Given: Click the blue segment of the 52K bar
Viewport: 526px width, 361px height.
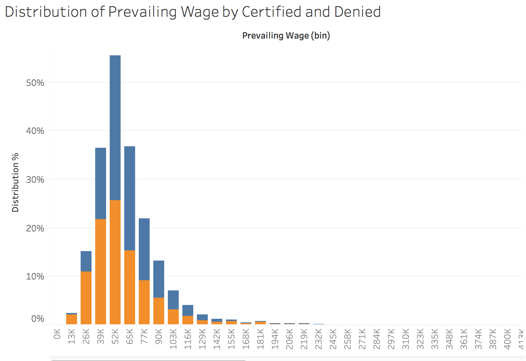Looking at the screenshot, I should point(115,127).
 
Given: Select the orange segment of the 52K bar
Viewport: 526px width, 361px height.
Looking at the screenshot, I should point(115,262).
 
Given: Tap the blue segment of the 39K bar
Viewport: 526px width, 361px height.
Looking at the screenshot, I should point(101,183).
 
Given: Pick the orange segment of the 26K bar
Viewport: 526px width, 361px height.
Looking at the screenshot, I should point(86,298).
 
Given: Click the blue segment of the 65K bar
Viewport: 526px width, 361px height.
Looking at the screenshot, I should point(130,198).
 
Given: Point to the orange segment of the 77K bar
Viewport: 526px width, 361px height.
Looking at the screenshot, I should point(144,302).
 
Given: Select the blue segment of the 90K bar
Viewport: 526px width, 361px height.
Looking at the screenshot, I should point(159,279).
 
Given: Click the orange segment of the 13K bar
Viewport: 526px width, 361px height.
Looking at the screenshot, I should point(72,319).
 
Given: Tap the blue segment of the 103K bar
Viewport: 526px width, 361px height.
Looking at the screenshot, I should point(173,299).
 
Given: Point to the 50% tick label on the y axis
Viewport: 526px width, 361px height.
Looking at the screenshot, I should point(35,83).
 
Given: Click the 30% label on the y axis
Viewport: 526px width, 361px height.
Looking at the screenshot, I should point(35,179).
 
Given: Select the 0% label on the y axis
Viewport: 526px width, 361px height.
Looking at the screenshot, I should point(38,319).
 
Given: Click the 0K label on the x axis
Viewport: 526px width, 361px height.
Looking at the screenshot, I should point(57,334).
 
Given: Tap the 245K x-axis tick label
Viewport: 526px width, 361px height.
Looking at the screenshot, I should point(333,339).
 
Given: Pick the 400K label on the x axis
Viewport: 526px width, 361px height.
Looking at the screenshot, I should point(507,339).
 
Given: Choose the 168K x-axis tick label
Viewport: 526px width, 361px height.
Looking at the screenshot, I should point(246,339).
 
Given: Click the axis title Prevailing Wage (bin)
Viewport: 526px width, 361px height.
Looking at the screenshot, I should point(286,36).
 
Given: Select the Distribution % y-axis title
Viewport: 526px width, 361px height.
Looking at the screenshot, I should point(15,182).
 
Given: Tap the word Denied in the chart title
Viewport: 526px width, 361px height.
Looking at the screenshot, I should point(357,12).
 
